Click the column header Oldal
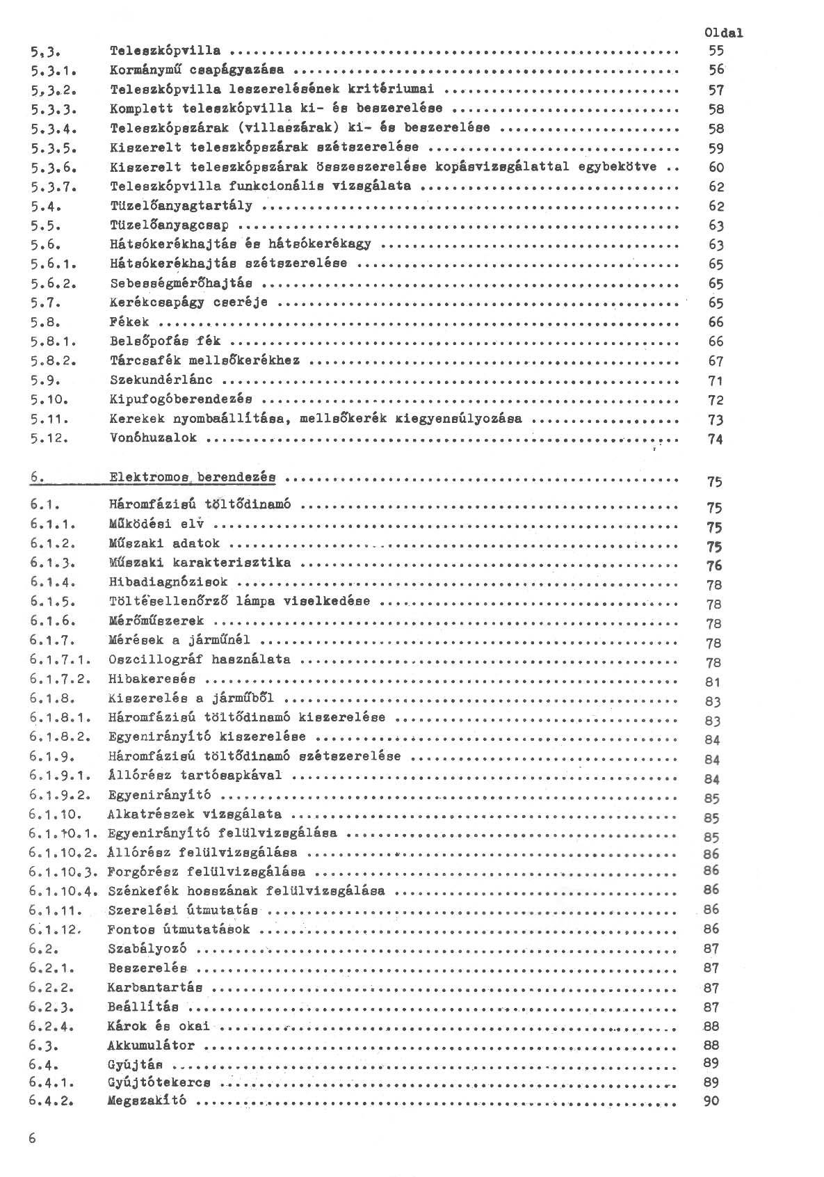[723, 32]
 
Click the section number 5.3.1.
[53, 70]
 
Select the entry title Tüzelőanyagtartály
[181, 205]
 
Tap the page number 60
[716, 167]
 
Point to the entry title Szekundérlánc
[161, 380]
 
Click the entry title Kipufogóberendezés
[181, 399]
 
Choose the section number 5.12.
[51, 438]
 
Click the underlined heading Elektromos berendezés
[192, 477]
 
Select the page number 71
[716, 381]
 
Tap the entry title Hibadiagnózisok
[168, 581]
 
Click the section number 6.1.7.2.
[62, 678]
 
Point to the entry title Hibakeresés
[152, 678]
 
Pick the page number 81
[712, 682]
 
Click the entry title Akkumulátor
[151, 1045]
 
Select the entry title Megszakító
[147, 1100]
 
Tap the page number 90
[711, 1100]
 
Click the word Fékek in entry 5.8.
[129, 322]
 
